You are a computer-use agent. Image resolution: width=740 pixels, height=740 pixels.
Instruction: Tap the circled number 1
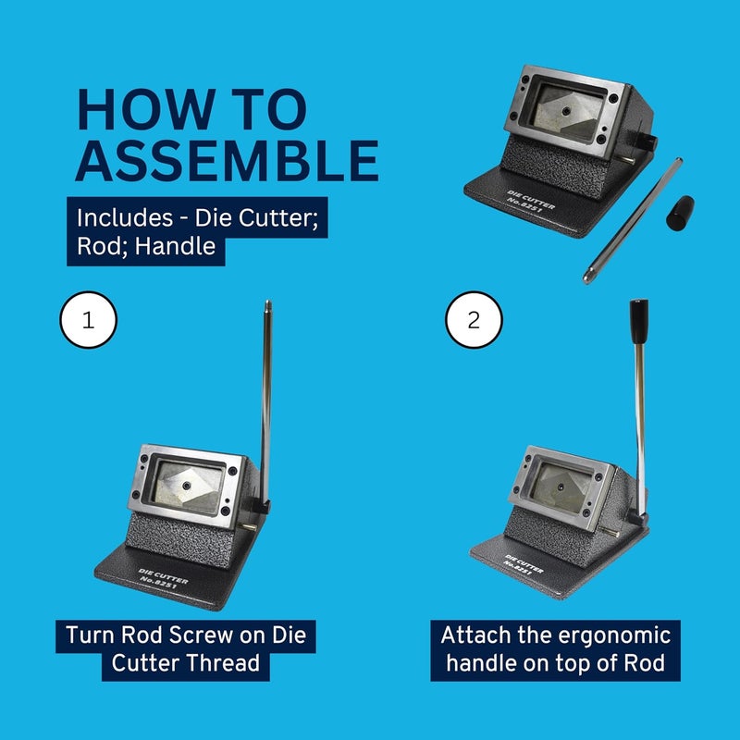(x=88, y=321)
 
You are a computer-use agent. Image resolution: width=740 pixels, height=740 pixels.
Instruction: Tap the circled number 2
(x=475, y=321)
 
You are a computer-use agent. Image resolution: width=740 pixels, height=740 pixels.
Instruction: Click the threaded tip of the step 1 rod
(x=267, y=306)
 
